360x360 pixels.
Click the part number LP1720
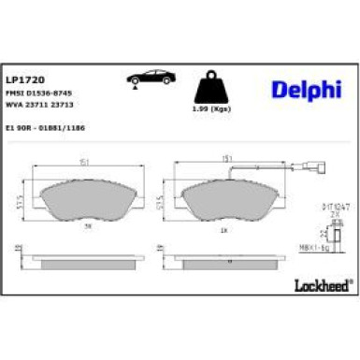(21, 81)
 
